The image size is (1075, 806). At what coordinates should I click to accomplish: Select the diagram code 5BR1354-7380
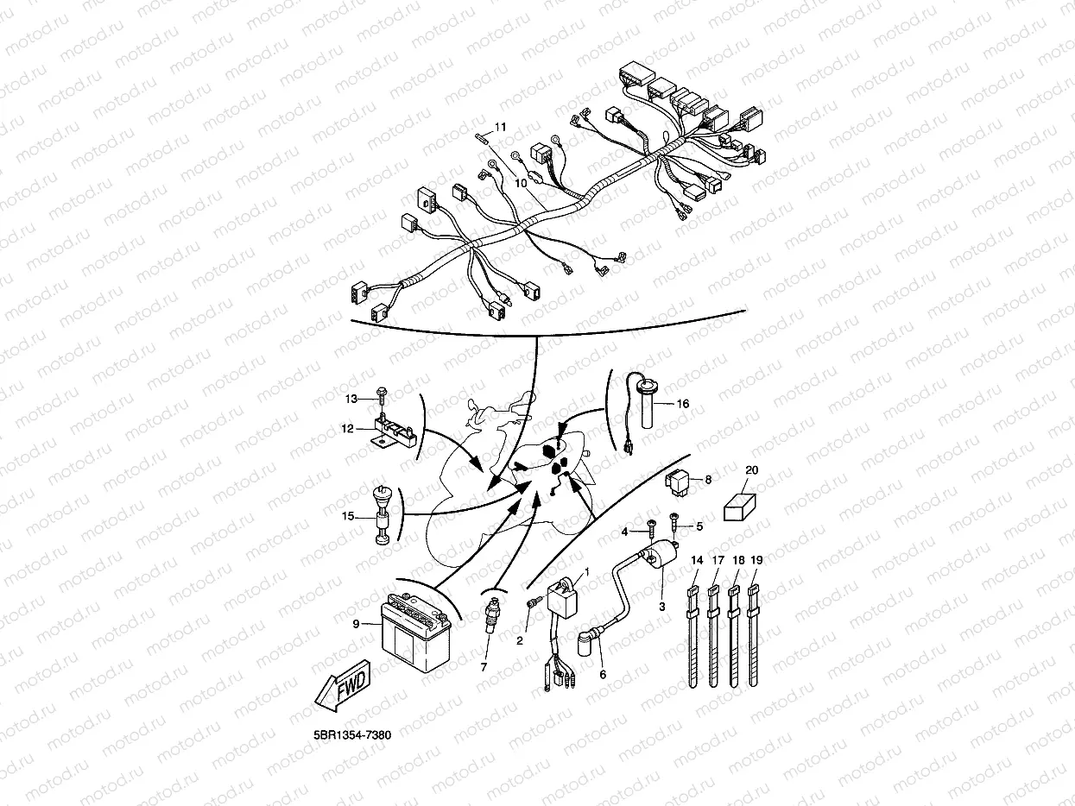[352, 734]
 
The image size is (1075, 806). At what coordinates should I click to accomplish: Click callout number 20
[751, 470]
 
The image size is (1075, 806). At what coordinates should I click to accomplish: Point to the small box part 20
[739, 507]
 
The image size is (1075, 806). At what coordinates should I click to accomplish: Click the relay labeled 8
[678, 482]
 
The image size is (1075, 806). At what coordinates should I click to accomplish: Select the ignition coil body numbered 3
[661, 557]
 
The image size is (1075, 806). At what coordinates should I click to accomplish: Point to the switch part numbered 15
[381, 514]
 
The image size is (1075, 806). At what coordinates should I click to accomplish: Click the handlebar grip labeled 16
[647, 407]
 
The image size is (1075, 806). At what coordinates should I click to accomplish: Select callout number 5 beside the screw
[699, 526]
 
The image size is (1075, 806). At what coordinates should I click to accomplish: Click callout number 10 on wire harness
[521, 183]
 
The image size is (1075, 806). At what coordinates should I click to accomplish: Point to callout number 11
[500, 127]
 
